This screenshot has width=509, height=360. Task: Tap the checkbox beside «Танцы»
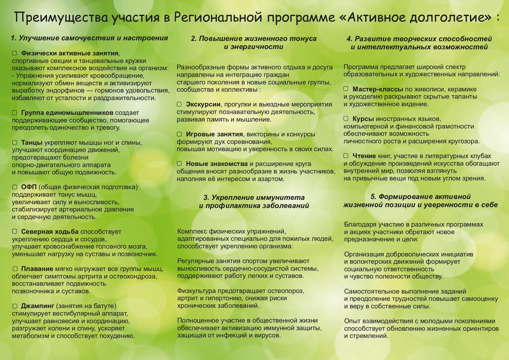(x=15, y=143)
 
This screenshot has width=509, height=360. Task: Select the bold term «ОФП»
(x=29, y=187)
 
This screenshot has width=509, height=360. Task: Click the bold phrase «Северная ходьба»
(x=50, y=232)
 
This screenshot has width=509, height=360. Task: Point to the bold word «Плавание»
(x=37, y=269)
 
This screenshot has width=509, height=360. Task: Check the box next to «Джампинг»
(x=15, y=306)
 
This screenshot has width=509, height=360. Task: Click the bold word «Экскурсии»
(x=203, y=104)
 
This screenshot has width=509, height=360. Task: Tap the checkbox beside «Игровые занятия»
(x=179, y=134)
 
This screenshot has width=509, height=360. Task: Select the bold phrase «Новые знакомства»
(x=216, y=164)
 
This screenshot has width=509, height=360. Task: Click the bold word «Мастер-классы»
(x=378, y=89)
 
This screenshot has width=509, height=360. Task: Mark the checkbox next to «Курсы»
(x=346, y=119)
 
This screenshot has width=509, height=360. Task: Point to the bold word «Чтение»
(x=364, y=156)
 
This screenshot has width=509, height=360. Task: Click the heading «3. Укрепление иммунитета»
(x=254, y=198)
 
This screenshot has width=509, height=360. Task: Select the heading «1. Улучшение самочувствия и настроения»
(x=89, y=38)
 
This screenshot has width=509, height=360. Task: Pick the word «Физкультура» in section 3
(x=196, y=291)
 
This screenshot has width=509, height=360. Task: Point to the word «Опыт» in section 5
(x=351, y=321)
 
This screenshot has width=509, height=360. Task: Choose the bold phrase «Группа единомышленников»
(x=67, y=113)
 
